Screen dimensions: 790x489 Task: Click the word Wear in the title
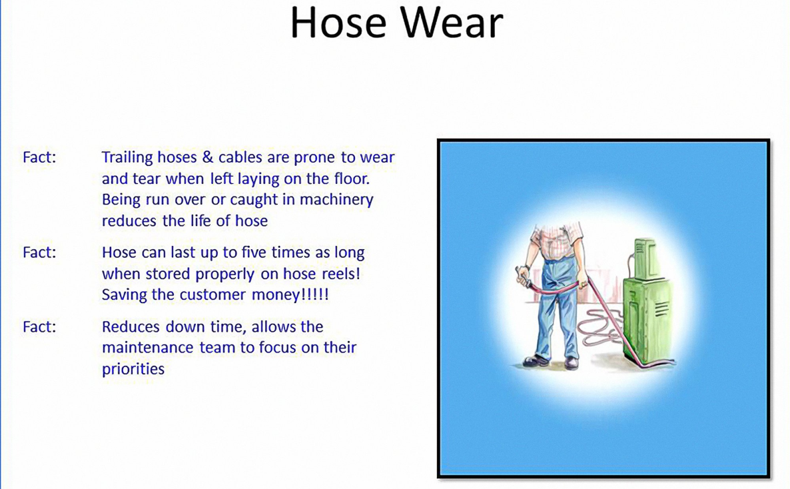[452, 23]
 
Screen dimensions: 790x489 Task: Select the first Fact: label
[39, 157]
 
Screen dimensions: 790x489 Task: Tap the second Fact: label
[39, 252]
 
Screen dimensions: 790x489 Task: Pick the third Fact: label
[39, 326]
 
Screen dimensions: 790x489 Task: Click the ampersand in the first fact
[208, 157]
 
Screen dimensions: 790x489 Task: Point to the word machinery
[336, 200]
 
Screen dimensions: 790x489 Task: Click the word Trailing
[127, 158]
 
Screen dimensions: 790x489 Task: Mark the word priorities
[133, 369]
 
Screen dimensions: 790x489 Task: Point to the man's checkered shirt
[558, 239]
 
